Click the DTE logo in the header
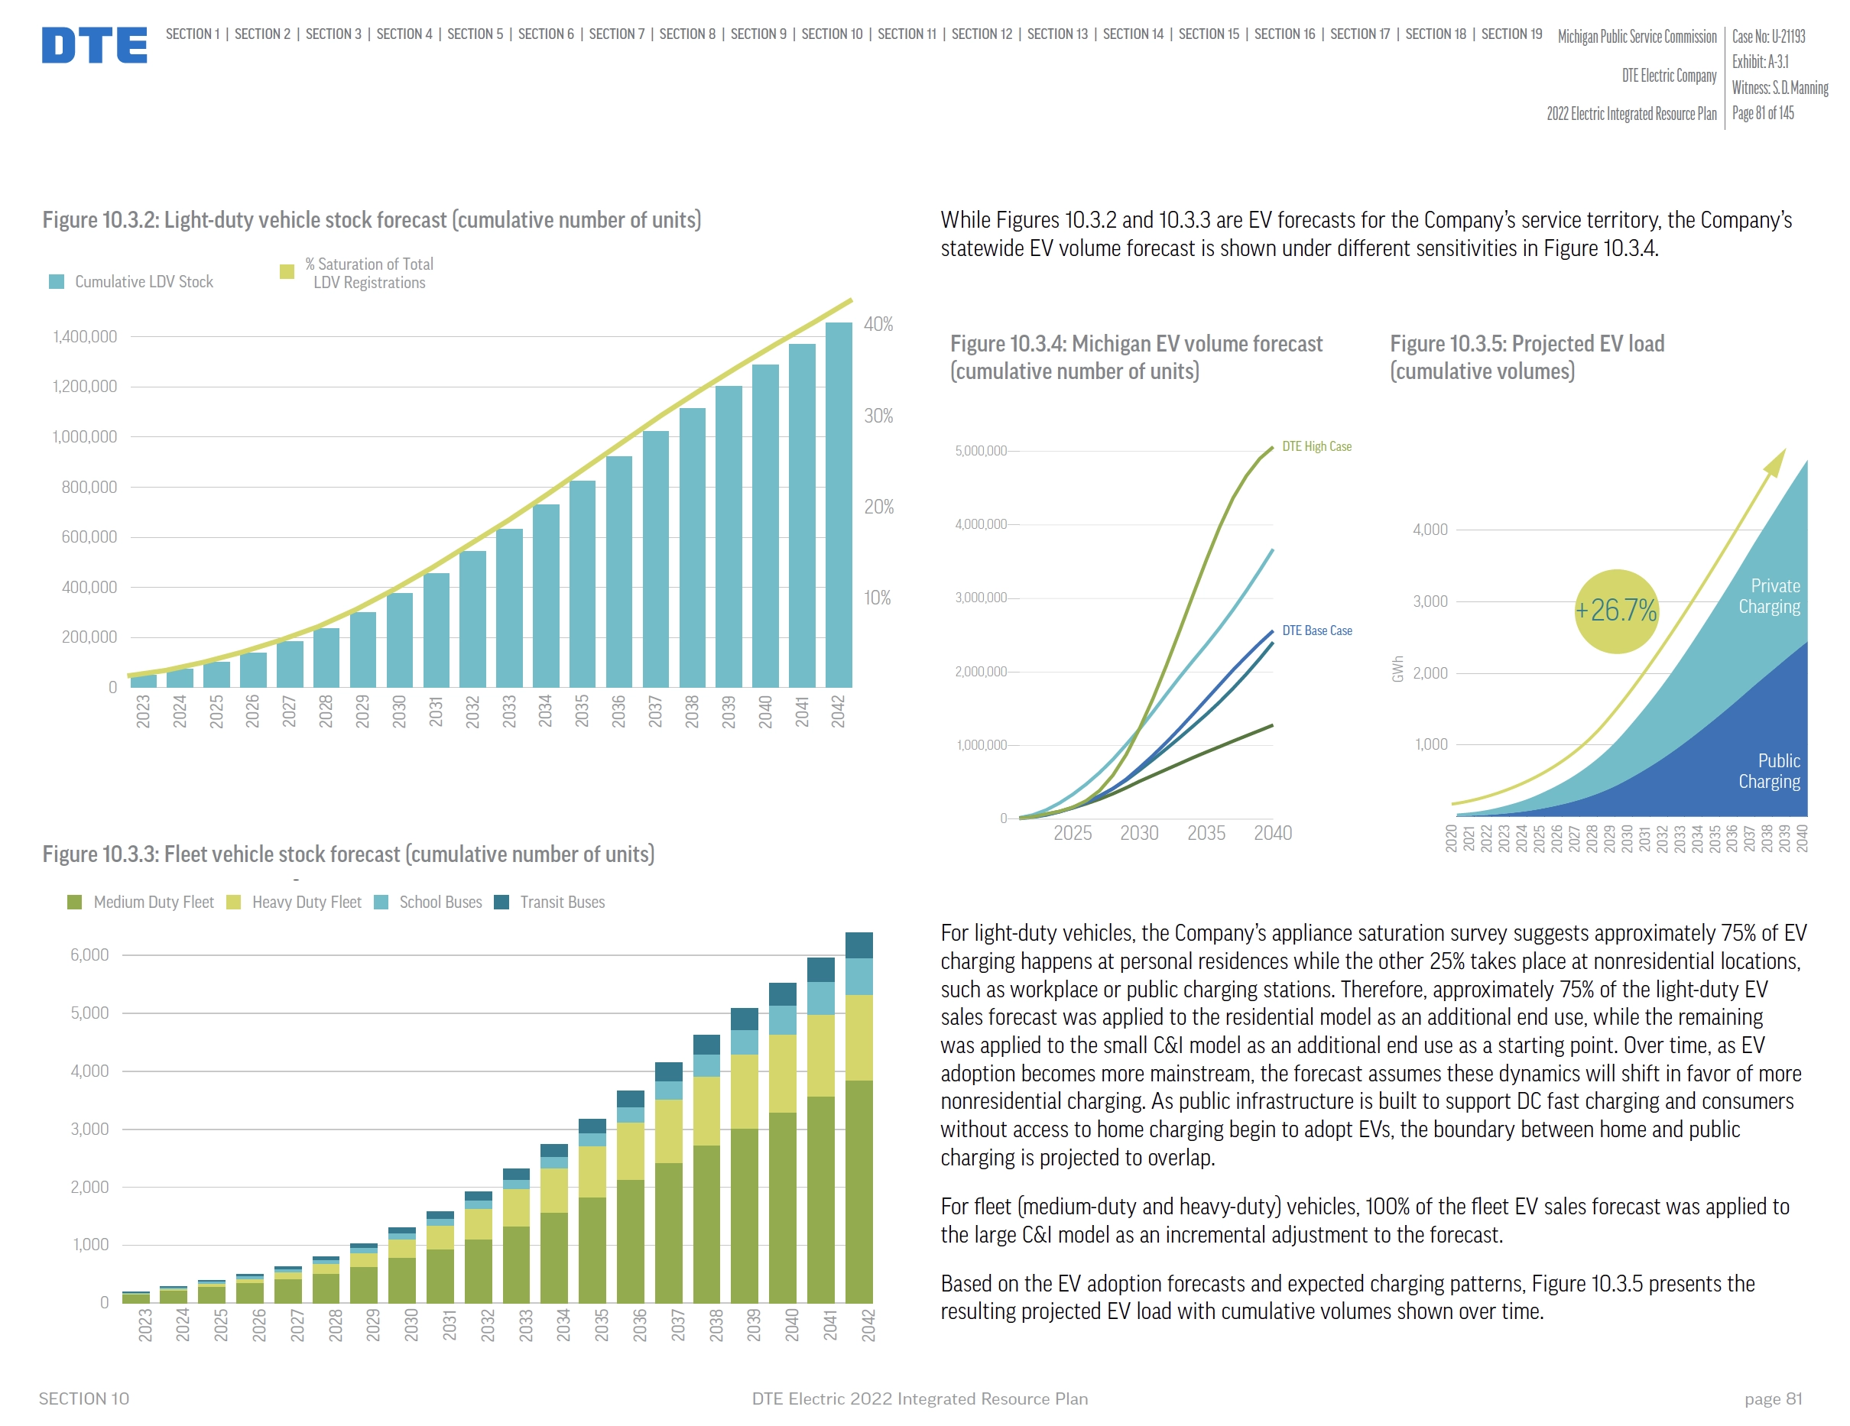pos(94,45)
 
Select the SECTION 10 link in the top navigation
pos(831,34)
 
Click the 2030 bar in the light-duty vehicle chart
pos(399,640)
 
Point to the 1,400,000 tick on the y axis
pos(85,337)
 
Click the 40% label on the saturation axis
pos(878,324)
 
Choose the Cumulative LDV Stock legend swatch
pos(57,282)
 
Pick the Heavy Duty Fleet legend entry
pos(306,903)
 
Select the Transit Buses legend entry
pos(562,903)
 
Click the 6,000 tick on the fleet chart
pos(89,955)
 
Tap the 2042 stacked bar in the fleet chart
pos(859,1118)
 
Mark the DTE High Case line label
pos(1316,446)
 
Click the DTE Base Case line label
pos(1316,631)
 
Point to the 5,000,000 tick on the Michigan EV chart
pos(981,450)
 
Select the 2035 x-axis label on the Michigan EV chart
pos(1206,833)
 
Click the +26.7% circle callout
pos(1615,611)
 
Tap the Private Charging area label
pos(1769,597)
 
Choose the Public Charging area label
pos(1769,771)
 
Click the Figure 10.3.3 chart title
pos(348,854)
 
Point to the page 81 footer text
pos(1772,1399)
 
